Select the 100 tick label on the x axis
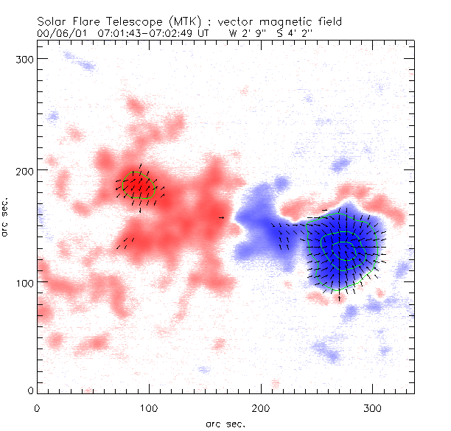(x=149, y=407)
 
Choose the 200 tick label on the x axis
(x=261, y=407)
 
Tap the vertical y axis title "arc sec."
(x=6, y=219)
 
